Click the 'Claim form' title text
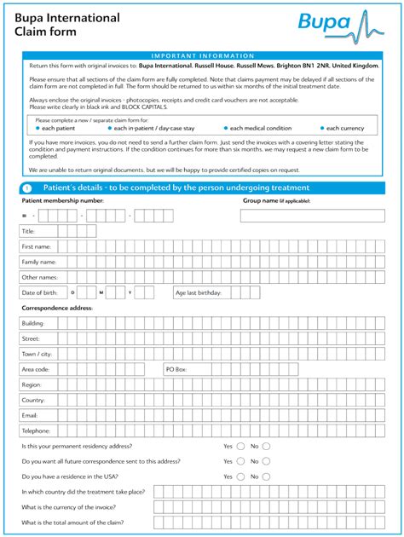coord(45,32)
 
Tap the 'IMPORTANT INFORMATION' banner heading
coord(202,55)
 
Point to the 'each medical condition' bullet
coord(261,128)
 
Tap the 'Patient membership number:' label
coord(62,200)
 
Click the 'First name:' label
coord(37,246)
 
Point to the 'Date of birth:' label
coord(39,292)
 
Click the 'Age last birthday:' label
coord(198,292)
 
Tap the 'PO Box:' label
coord(176,369)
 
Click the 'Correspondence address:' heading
coord(57,308)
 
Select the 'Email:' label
coord(30,415)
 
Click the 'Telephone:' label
coord(37,430)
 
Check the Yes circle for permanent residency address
coord(240,446)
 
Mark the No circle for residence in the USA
coord(266,476)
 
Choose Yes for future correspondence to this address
coord(240,461)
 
